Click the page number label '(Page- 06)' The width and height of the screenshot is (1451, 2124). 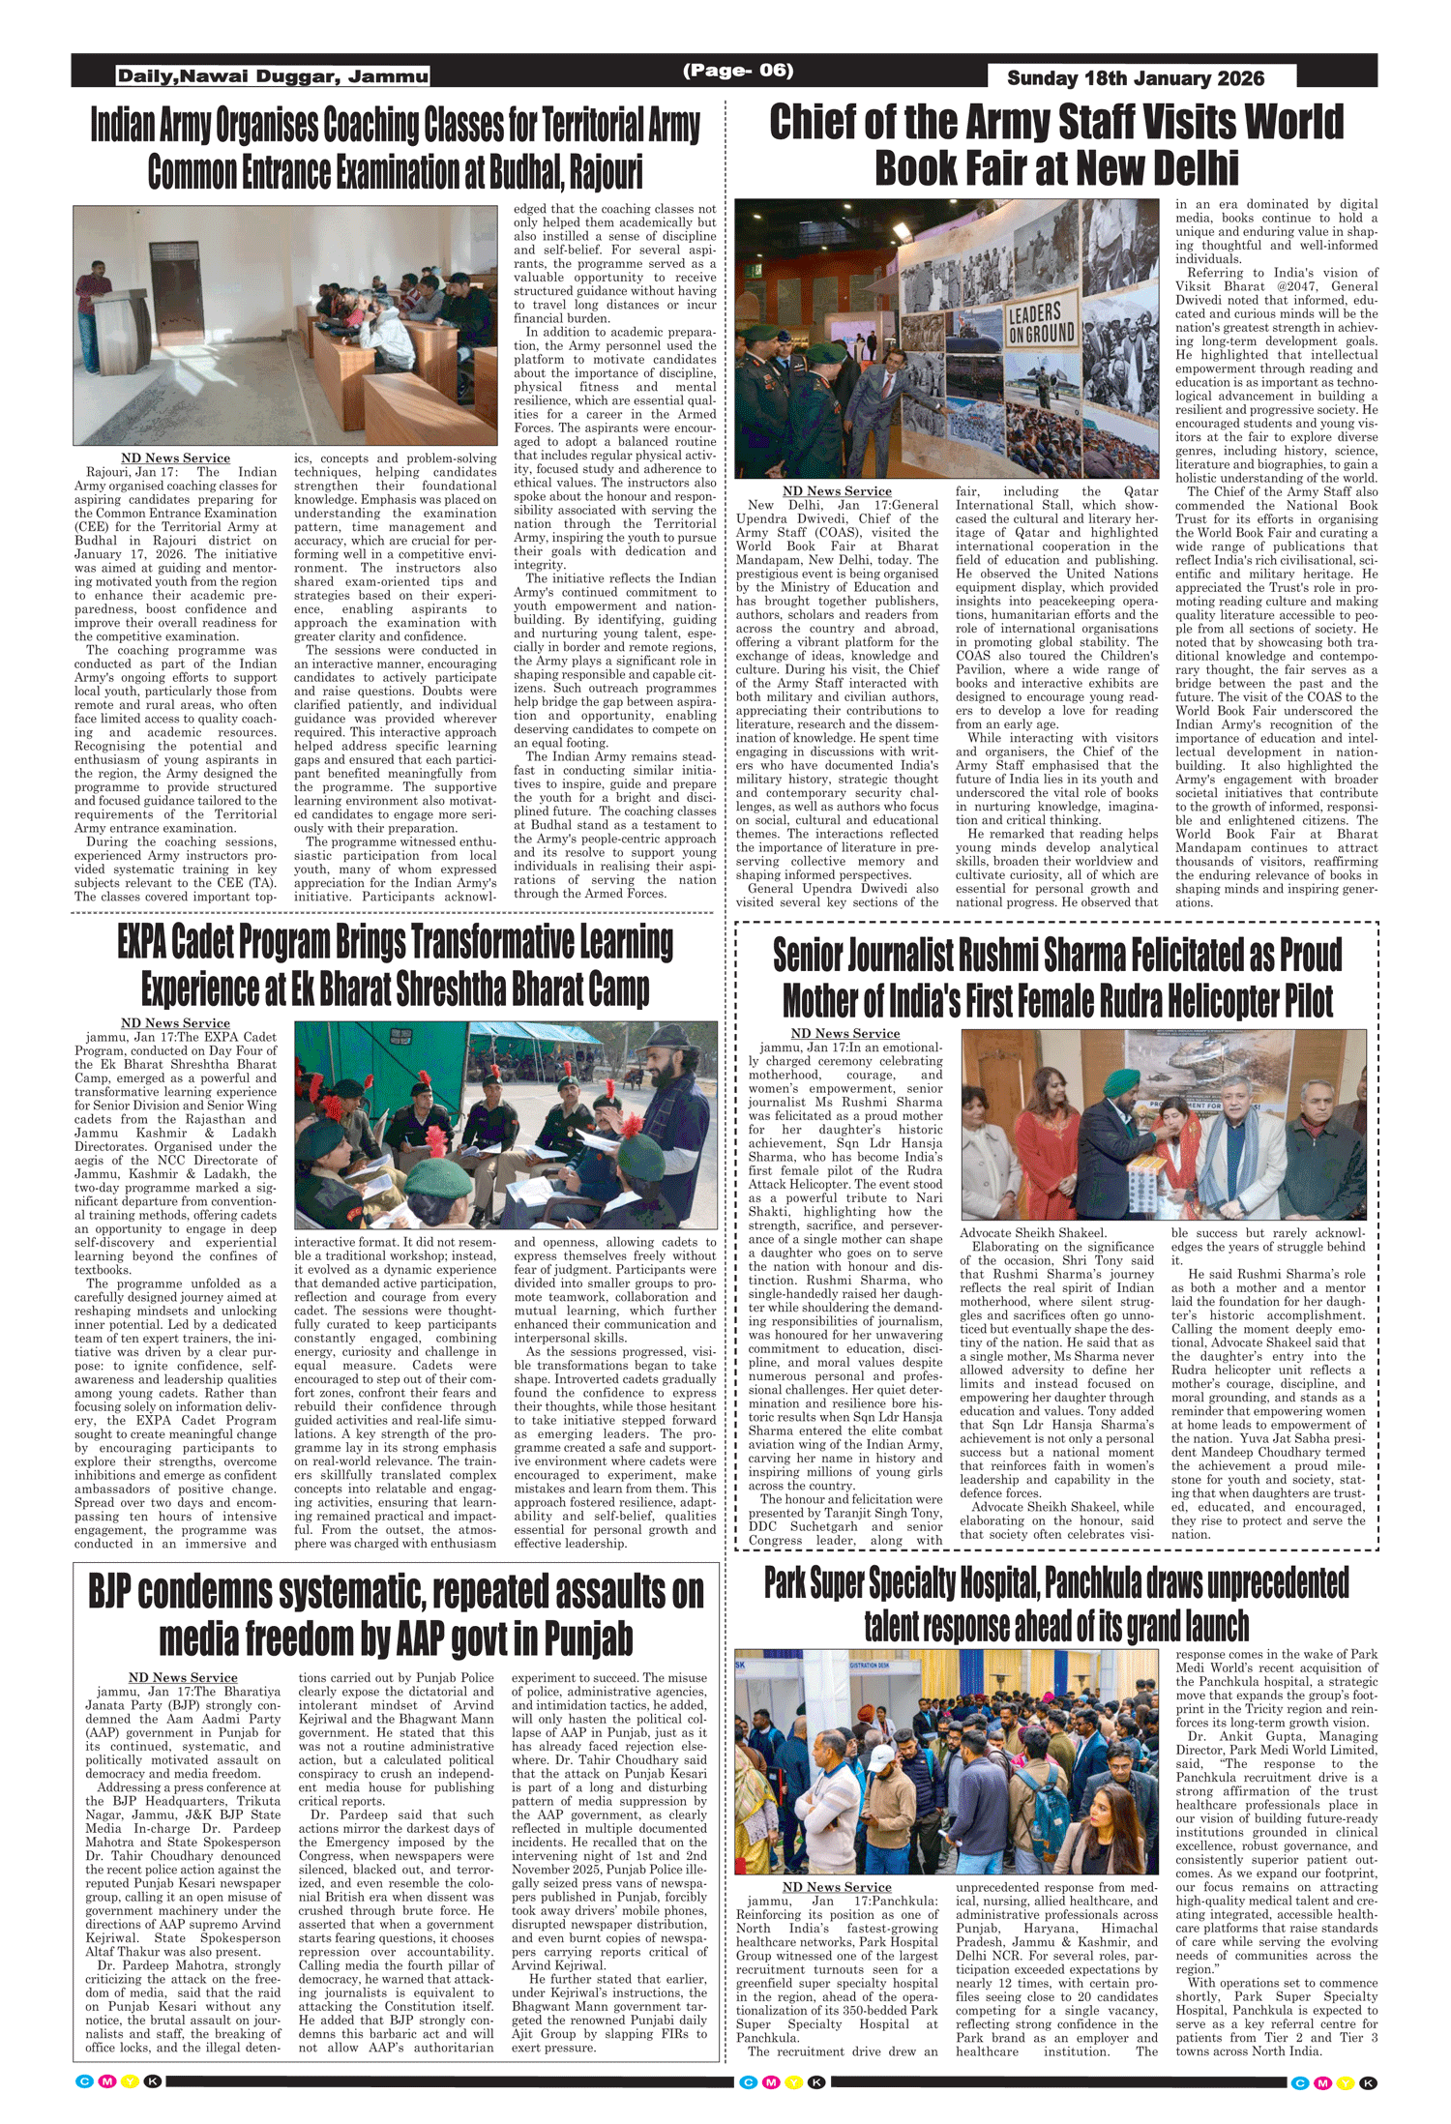tap(738, 71)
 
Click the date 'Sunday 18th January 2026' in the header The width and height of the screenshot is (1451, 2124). tap(1135, 78)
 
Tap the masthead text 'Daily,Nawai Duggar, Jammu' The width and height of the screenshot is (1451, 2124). tap(272, 76)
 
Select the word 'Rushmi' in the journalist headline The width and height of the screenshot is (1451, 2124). tap(1003, 956)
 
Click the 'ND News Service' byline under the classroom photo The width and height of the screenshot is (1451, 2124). tap(175, 457)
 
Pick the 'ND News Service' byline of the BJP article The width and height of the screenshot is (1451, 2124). tap(183, 1677)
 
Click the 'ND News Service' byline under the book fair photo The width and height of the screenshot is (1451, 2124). tap(837, 491)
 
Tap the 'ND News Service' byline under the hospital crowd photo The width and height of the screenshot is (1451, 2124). tap(837, 1887)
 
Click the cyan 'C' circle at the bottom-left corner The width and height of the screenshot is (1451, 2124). tap(84, 2081)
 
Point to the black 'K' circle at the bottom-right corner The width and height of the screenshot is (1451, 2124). tap(1368, 2082)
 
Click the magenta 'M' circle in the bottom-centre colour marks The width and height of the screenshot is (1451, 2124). tap(771, 2081)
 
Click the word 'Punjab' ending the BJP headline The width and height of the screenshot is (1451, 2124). tap(588, 1638)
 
